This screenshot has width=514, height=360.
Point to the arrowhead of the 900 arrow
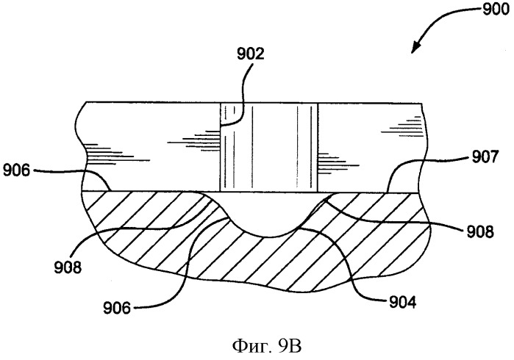(x=415, y=47)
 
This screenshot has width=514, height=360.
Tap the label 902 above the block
(x=251, y=54)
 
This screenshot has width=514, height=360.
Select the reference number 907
(x=485, y=157)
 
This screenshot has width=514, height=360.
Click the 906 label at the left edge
(x=17, y=170)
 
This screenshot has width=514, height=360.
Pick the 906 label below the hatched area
(x=117, y=308)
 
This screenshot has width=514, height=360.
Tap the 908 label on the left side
(x=68, y=267)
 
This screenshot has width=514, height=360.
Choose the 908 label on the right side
(x=480, y=231)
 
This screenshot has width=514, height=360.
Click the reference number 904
(x=402, y=302)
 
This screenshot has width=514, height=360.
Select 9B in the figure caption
(x=290, y=346)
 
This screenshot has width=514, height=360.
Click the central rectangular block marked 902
(x=269, y=148)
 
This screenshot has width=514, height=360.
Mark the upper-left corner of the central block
(x=220, y=103)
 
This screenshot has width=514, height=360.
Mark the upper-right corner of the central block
(x=318, y=103)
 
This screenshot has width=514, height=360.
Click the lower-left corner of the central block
(x=220, y=192)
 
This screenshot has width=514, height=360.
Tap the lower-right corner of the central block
(x=318, y=192)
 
